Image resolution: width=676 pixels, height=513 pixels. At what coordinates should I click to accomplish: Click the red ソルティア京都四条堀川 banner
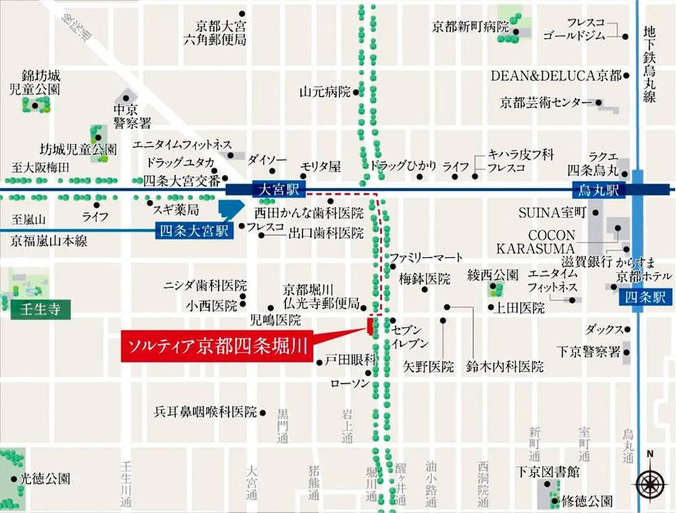click(217, 347)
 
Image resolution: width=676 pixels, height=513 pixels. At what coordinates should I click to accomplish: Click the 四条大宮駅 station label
click(194, 230)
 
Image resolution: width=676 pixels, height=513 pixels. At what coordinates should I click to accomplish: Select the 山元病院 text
click(324, 92)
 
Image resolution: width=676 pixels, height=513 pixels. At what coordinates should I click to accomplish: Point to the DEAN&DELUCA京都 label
click(555, 75)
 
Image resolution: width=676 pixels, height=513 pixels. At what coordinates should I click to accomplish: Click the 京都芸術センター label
click(546, 102)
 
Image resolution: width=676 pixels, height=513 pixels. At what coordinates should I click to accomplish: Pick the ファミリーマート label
click(426, 258)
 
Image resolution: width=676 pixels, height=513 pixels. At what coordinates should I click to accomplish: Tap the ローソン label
click(350, 384)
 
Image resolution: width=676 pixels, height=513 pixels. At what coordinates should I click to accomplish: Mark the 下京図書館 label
click(548, 472)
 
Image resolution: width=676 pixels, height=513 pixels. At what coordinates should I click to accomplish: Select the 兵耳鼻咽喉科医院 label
click(205, 412)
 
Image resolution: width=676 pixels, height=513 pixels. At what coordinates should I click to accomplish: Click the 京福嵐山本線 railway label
click(48, 241)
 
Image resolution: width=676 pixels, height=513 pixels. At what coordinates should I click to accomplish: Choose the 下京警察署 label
click(589, 351)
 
